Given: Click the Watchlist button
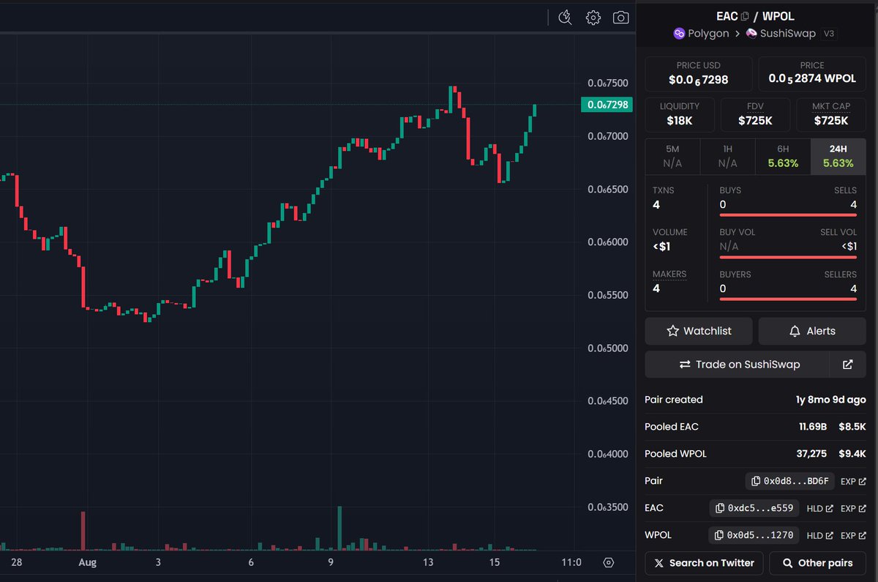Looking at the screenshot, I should pos(699,331).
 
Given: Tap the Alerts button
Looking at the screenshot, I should pos(812,331).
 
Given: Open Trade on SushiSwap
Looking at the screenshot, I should pos(737,365).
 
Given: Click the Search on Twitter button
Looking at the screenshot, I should pos(704,563).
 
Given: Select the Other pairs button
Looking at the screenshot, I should pos(817,563).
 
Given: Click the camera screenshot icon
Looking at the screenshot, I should pos(620,18).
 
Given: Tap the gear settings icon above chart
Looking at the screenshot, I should pos(593,18).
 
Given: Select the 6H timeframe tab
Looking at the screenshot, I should pos(783,157).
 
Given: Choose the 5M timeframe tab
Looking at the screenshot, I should pos(672,157).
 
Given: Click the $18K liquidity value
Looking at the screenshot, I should pos(680,121).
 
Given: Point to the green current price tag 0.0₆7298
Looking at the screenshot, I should pos(607,105).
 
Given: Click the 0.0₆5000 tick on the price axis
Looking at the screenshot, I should pos(608,348).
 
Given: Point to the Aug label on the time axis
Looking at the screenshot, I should pos(88,562).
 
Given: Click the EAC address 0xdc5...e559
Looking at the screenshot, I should pos(754,508).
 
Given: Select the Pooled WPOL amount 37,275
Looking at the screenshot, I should pos(811,454).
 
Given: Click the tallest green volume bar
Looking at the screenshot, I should pos(339,527).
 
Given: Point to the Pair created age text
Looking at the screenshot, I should pos(830,400).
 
